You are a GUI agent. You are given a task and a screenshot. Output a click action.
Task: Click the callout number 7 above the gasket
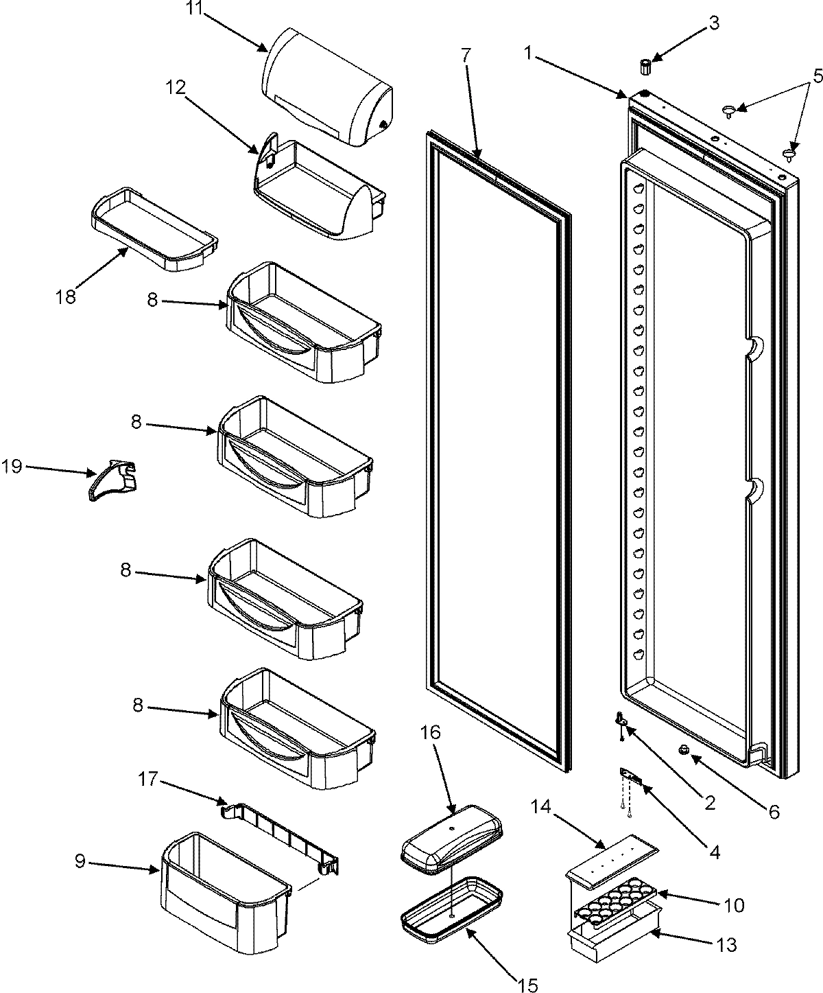pyautogui.click(x=466, y=57)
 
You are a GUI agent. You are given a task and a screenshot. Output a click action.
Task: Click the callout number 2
pyautogui.click(x=710, y=801)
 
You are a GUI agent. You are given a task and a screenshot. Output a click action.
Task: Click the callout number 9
pyautogui.click(x=80, y=862)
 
